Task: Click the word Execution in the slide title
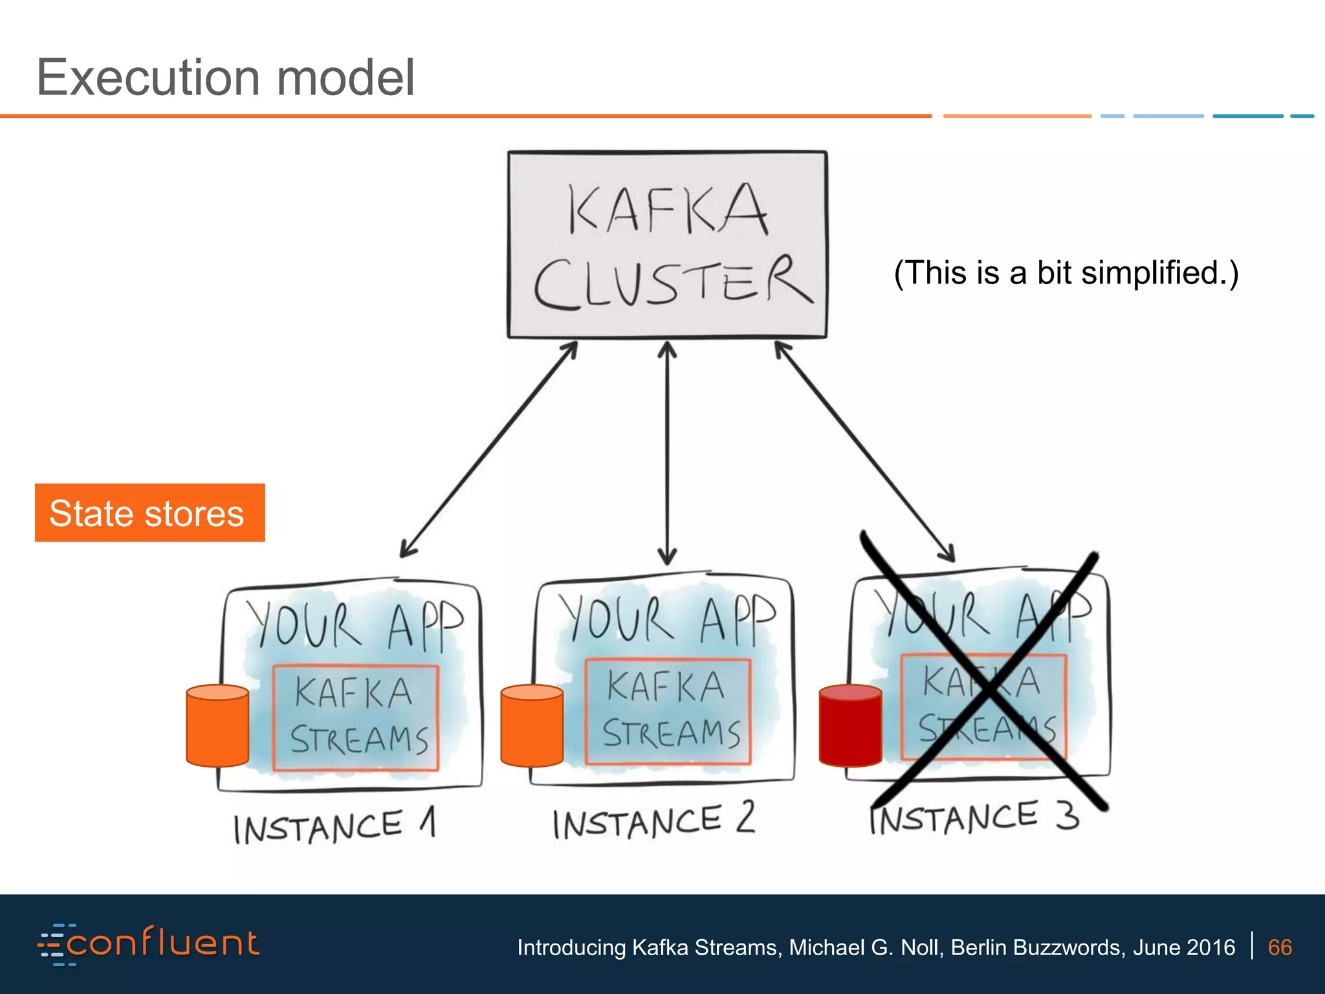pyautogui.click(x=148, y=78)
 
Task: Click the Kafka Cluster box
pyautogui.click(x=667, y=245)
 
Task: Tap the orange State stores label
pyautogui.click(x=149, y=513)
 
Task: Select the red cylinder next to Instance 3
pyautogui.click(x=850, y=726)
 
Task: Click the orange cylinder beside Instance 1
pyautogui.click(x=217, y=726)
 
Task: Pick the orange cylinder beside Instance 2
pyautogui.click(x=532, y=726)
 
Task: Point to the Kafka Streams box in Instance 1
pyautogui.click(x=355, y=718)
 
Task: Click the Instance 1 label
pyautogui.click(x=334, y=826)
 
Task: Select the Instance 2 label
pyautogui.click(x=653, y=821)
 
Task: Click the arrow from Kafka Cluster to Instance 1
pyautogui.click(x=488, y=450)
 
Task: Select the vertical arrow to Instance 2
pyautogui.click(x=667, y=453)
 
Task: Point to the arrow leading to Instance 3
pyautogui.click(x=864, y=451)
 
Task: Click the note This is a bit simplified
pyautogui.click(x=1066, y=272)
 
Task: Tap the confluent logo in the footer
pyautogui.click(x=149, y=944)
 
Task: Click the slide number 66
pyautogui.click(x=1279, y=947)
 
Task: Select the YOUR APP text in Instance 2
pyautogui.click(x=666, y=619)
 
